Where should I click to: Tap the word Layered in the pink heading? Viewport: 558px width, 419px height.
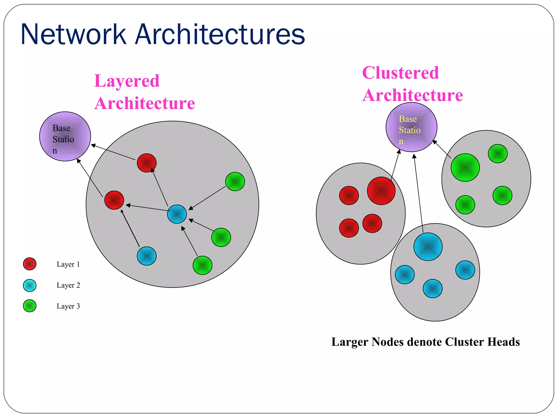(x=127, y=81)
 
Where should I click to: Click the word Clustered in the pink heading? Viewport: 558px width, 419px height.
(x=401, y=73)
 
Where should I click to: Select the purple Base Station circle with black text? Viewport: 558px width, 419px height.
(x=65, y=136)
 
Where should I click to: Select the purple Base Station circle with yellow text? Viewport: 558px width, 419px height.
(x=411, y=127)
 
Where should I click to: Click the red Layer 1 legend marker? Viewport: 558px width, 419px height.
(x=30, y=264)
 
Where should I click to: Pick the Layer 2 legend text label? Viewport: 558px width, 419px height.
(x=68, y=285)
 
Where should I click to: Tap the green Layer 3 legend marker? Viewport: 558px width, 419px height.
(x=30, y=306)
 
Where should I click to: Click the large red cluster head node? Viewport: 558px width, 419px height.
(x=381, y=191)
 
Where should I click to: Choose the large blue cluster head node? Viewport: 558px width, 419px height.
(x=428, y=247)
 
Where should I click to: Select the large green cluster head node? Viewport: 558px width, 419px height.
(x=465, y=167)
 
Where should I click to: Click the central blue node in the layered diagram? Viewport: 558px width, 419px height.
(x=177, y=214)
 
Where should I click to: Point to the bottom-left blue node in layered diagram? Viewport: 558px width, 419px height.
(x=147, y=256)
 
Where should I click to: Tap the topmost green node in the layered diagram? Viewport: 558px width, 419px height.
(x=235, y=181)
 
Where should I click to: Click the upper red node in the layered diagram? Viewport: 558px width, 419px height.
(x=147, y=163)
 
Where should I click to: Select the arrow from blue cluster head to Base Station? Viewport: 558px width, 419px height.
(x=418, y=194)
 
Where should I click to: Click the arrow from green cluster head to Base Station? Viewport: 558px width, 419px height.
(x=442, y=149)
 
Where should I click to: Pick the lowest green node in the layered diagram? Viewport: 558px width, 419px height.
(x=202, y=265)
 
